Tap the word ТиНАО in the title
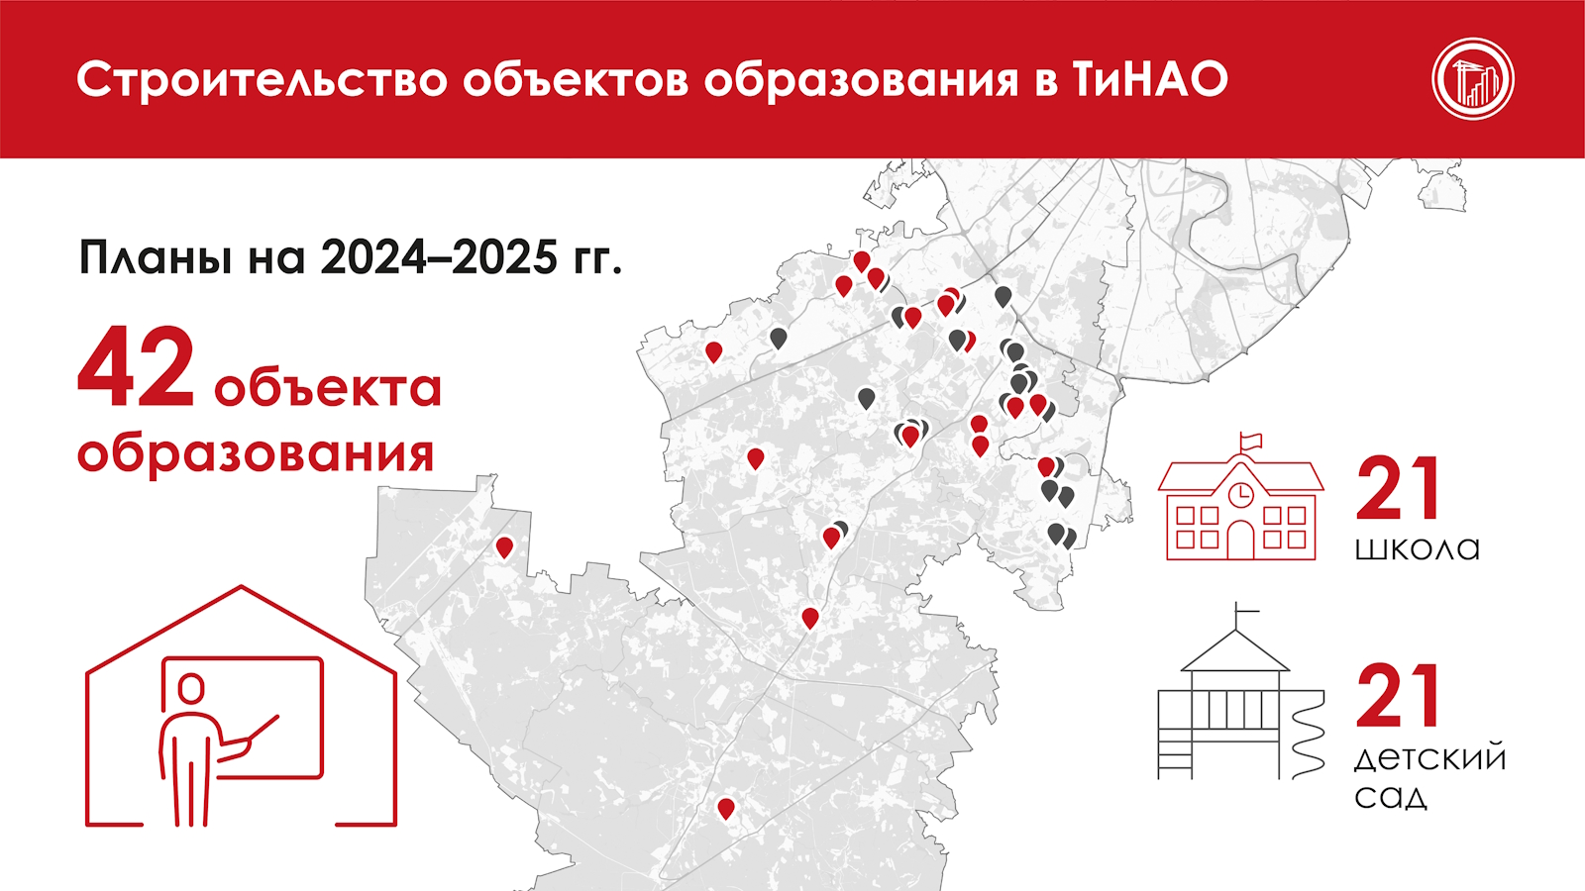(1150, 80)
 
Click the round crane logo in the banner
(1473, 79)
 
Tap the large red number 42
(136, 367)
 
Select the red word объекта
(328, 387)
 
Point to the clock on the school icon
(1240, 495)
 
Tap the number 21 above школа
(1398, 489)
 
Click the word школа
(1417, 548)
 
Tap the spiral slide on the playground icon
(1308, 736)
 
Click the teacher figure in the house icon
(205, 749)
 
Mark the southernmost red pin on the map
(725, 809)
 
